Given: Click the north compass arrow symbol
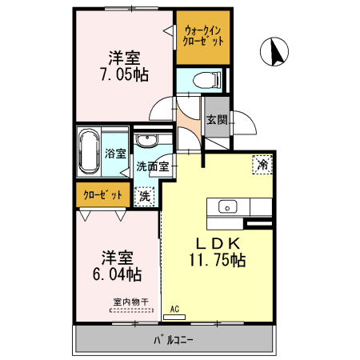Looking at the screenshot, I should pos(274,52).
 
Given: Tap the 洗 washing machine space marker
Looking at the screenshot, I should pos(144,194).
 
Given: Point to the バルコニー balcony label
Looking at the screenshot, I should pos(174,341).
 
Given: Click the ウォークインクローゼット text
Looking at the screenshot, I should pos(203,36).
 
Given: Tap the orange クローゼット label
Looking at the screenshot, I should pos(104,194).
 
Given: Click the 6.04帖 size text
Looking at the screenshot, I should pos(116,274).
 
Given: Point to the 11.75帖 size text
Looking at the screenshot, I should pos(217,260).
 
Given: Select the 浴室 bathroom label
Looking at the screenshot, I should pos(114,153).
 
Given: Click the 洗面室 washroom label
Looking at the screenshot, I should pos(152,167).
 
